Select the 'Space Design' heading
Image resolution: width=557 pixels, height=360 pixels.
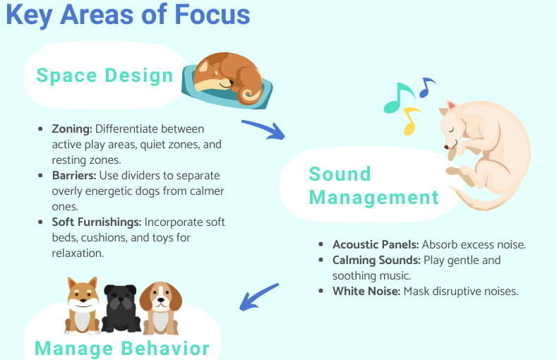(x=104, y=76)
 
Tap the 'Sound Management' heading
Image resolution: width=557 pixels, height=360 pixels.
(x=373, y=186)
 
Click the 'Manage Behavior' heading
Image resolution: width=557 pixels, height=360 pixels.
(x=122, y=348)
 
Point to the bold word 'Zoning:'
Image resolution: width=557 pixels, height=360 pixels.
(x=72, y=129)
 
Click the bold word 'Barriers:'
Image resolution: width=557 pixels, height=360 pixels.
(x=75, y=176)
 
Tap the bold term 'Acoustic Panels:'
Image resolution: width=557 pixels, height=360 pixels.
(x=376, y=245)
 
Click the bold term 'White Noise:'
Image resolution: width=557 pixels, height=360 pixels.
(x=366, y=291)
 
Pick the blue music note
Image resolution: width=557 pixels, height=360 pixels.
(x=426, y=88)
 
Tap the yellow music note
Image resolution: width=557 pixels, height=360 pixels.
(x=411, y=121)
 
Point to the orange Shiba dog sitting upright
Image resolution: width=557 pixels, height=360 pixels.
(x=83, y=305)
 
